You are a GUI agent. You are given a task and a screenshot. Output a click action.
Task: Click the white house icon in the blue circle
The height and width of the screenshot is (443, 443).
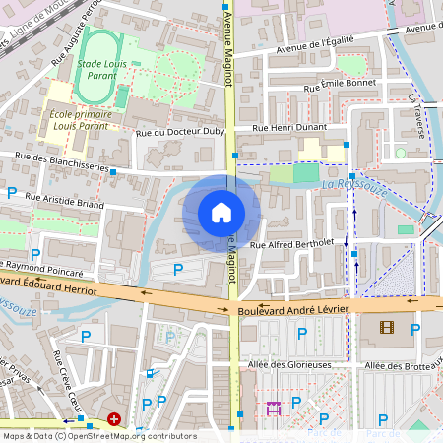[221, 212]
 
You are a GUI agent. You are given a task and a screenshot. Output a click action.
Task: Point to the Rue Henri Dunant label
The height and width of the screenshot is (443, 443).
[288, 128]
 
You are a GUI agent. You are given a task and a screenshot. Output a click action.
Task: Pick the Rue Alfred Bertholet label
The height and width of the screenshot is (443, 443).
[293, 243]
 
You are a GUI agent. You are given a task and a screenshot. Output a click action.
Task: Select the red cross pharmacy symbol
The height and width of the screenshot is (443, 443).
[115, 419]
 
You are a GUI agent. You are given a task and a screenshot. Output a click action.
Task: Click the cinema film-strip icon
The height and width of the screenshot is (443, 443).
[386, 328]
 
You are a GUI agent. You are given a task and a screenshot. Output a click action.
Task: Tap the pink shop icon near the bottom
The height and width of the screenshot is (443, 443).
[273, 406]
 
